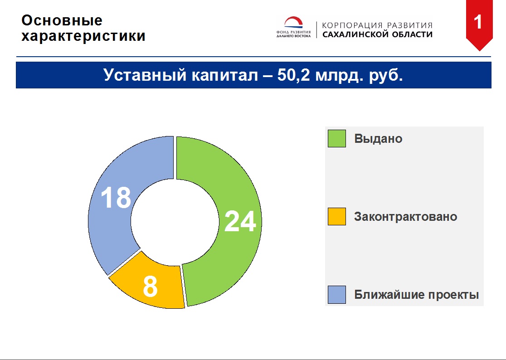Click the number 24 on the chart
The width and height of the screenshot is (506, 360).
[240, 221]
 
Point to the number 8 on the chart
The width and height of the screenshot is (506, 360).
[150, 286]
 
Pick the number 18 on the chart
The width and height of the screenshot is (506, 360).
[116, 197]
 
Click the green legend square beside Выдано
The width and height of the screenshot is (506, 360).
[337, 138]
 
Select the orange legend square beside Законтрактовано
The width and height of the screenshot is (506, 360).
[337, 216]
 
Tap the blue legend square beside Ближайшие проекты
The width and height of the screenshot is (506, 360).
[337, 295]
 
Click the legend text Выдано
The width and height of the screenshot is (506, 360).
[378, 139]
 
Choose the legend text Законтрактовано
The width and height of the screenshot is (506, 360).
[406, 216]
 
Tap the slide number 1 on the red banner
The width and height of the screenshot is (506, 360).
[478, 22]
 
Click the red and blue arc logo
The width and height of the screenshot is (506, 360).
[293, 23]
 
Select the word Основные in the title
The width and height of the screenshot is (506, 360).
[62, 20]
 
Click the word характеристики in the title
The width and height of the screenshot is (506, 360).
[83, 36]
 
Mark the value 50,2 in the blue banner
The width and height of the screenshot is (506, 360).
[293, 75]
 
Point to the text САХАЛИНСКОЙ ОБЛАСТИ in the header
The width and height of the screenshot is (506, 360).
[377, 34]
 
